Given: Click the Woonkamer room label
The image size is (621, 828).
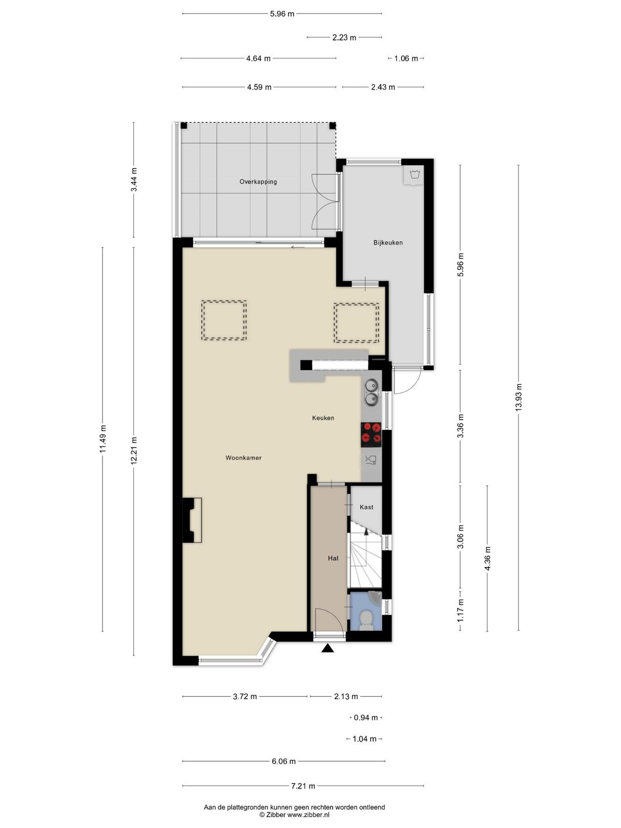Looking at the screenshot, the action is click(x=243, y=457).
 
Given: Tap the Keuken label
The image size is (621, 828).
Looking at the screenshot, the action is click(x=323, y=418).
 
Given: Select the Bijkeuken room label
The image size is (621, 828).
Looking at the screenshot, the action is click(x=388, y=243).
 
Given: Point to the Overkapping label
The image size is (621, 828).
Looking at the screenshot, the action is click(x=258, y=182).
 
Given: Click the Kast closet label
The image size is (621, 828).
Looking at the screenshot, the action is click(x=366, y=507).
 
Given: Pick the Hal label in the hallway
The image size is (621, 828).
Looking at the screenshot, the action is click(x=333, y=558).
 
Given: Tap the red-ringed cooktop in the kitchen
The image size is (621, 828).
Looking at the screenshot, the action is click(x=371, y=435).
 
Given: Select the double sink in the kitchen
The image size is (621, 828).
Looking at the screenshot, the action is click(x=372, y=392).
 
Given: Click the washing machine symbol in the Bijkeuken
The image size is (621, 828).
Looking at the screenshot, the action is click(x=413, y=175).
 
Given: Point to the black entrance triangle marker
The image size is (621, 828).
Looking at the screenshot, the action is click(x=328, y=648).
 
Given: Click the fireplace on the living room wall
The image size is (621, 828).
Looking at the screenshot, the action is click(x=192, y=520).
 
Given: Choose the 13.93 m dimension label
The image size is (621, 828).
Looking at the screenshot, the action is click(x=519, y=397).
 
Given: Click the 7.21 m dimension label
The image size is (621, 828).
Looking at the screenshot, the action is click(x=303, y=786).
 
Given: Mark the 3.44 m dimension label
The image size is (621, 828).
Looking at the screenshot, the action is click(x=134, y=180).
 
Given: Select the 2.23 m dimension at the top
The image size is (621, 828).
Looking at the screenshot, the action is click(x=344, y=38).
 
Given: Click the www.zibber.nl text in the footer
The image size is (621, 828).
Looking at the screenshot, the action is click(x=308, y=815).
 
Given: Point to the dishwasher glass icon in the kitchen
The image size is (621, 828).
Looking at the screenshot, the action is click(x=371, y=460).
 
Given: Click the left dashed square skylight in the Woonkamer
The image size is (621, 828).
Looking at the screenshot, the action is click(x=224, y=320).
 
